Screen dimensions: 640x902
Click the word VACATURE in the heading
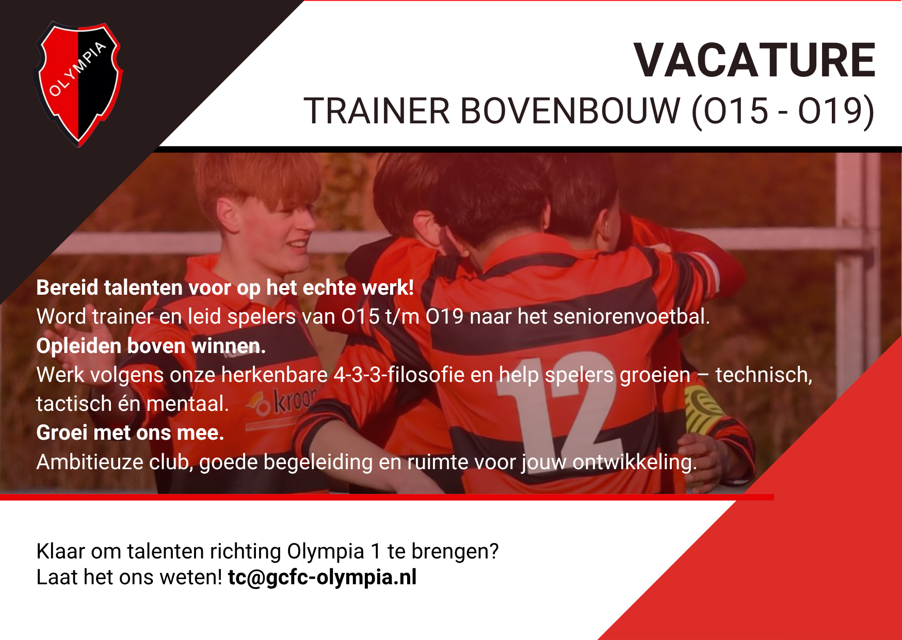tap(754, 61)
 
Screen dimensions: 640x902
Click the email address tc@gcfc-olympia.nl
tap(322, 578)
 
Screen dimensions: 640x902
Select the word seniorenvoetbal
tap(631, 316)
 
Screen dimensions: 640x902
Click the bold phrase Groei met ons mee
tap(130, 433)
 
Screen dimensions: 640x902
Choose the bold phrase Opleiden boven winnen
tap(151, 346)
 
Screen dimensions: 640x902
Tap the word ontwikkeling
tap(634, 462)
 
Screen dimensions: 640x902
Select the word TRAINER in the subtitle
tap(377, 111)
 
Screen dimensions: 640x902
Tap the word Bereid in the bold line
tap(67, 287)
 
